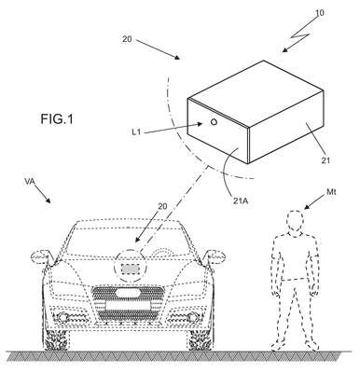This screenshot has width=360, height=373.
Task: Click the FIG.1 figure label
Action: click(x=57, y=119)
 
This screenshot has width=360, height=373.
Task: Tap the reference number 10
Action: click(x=320, y=13)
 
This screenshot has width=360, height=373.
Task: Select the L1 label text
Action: click(x=136, y=132)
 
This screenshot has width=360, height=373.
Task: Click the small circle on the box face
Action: click(x=214, y=122)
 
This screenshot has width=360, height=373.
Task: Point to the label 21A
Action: click(x=241, y=200)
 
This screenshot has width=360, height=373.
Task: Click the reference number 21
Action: click(x=325, y=160)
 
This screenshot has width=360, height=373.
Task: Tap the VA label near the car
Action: click(x=30, y=182)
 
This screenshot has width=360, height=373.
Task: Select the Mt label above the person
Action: click(x=331, y=192)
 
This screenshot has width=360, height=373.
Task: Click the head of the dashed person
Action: click(x=295, y=220)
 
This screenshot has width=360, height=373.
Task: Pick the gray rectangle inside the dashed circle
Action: click(x=130, y=269)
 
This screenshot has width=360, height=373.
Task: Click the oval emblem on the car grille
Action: click(x=128, y=293)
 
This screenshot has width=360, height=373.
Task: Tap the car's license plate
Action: click(x=128, y=305)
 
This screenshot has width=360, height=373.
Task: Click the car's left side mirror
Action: click(x=39, y=256)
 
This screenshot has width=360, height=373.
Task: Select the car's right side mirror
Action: click(x=215, y=256)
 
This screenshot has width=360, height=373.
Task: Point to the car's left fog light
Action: click(x=62, y=317)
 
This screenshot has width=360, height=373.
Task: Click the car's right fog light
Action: click(x=193, y=317)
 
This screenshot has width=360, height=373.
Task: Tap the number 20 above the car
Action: click(x=162, y=206)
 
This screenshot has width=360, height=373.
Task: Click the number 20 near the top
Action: click(x=127, y=39)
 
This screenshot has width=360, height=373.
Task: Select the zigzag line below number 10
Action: click(x=299, y=35)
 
